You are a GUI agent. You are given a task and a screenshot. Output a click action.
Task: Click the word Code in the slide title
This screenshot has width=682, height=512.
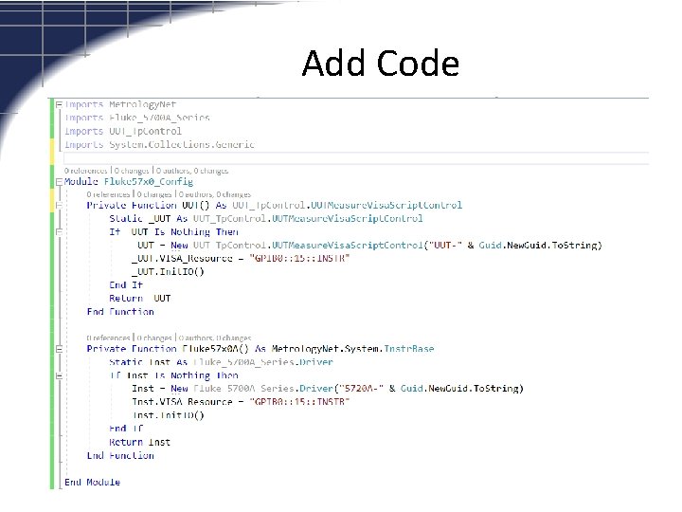click(x=418, y=64)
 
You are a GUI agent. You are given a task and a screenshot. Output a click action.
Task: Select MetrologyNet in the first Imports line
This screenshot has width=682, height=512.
click(x=142, y=103)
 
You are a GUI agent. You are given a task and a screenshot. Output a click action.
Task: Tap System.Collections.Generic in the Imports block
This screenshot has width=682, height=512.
click(x=182, y=145)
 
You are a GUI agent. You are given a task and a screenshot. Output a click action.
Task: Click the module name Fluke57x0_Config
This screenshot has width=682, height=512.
click(x=152, y=181)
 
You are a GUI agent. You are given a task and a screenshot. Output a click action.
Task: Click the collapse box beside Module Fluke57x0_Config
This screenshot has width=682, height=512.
click(x=59, y=181)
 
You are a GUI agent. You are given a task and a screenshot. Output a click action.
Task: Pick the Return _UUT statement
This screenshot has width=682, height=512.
click(x=140, y=298)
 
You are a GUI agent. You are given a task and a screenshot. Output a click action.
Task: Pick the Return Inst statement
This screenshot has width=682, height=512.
click(x=140, y=442)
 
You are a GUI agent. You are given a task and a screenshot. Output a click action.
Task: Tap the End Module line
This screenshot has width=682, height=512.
click(x=92, y=482)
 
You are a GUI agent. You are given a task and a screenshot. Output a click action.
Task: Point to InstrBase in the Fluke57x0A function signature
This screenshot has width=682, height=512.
click(x=411, y=348)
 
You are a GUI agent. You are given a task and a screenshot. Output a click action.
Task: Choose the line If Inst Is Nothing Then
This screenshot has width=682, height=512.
click(x=173, y=375)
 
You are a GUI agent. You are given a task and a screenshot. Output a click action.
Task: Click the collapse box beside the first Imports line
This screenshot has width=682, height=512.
click(x=59, y=103)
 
